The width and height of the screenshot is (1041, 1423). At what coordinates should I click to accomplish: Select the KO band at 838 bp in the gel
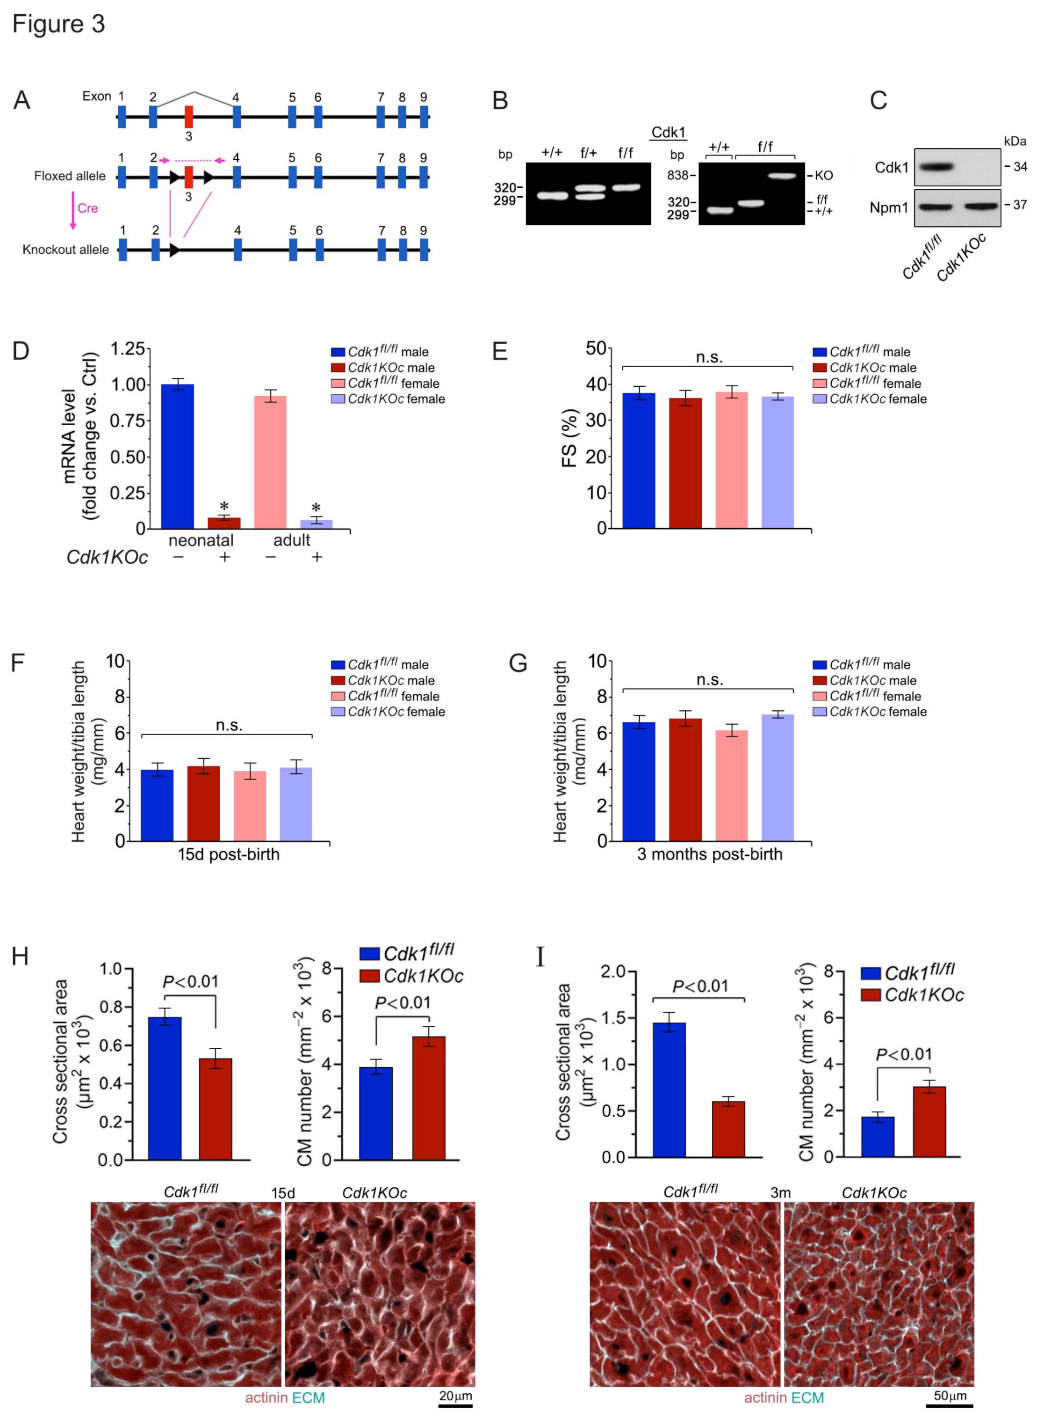point(782,176)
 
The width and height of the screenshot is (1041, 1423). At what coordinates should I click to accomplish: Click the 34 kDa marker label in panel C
point(1019,167)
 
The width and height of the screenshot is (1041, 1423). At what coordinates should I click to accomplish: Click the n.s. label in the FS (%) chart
point(709,358)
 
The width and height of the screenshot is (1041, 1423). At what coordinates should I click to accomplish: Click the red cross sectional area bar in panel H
point(215,1109)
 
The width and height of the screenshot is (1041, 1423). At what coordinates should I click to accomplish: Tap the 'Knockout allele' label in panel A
point(66,250)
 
